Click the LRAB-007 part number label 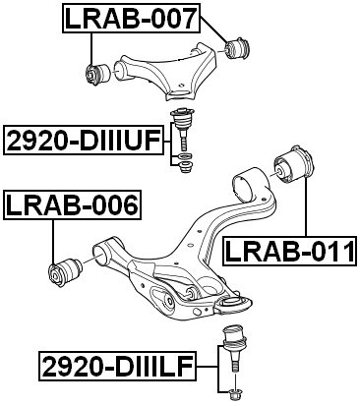click(132, 17)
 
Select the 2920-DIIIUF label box click(83, 141)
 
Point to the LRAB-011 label click(288, 252)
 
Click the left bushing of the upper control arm click(94, 72)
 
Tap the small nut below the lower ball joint click(235, 394)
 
